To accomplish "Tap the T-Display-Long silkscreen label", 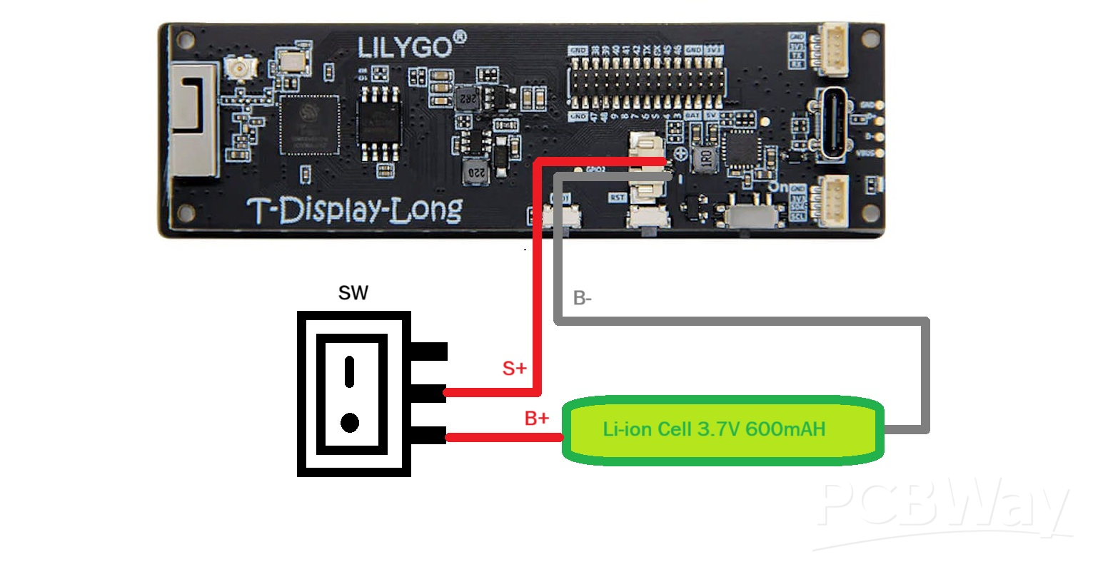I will click(355, 210).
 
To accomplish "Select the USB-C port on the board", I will click(834, 123).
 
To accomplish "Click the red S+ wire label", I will click(514, 368).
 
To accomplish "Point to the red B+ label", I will click(537, 418).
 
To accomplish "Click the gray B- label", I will click(583, 298).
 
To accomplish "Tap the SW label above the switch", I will click(353, 293).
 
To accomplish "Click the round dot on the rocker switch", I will click(350, 423).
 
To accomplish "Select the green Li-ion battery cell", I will click(723, 430).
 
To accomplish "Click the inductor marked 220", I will click(475, 172).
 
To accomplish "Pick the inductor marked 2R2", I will click(468, 98).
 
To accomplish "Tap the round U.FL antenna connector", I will click(236, 69).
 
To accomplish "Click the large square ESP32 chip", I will click(309, 124).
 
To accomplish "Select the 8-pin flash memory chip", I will click(378, 124).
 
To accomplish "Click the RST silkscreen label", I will click(617, 198).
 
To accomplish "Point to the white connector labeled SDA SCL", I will click(832, 201).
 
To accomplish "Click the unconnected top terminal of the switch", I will click(429, 351).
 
